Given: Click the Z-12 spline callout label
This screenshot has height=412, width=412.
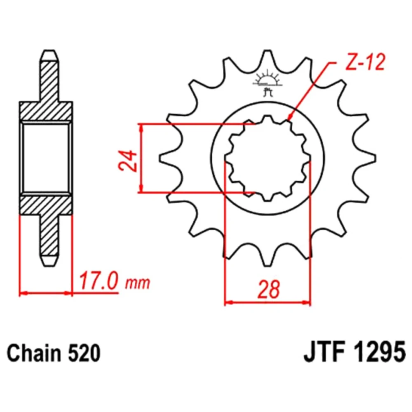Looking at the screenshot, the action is tap(365, 63).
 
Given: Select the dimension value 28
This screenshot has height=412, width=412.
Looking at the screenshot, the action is tap(269, 289).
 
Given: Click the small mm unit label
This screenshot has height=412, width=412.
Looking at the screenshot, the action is tap(138, 283).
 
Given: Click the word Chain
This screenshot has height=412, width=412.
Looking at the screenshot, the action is tap(34, 353).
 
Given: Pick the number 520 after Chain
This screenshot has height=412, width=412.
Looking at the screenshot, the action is tap(84, 353).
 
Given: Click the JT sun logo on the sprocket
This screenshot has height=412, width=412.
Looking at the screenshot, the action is tap(267, 82).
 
